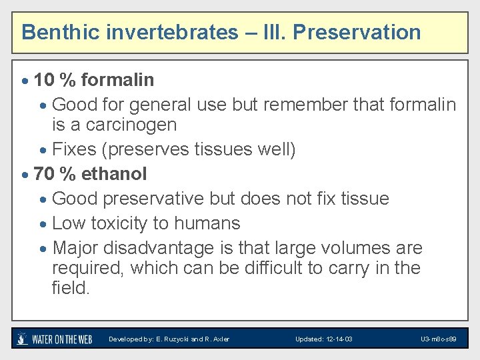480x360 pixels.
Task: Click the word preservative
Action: [153, 199]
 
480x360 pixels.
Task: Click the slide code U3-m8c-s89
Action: [438, 339]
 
